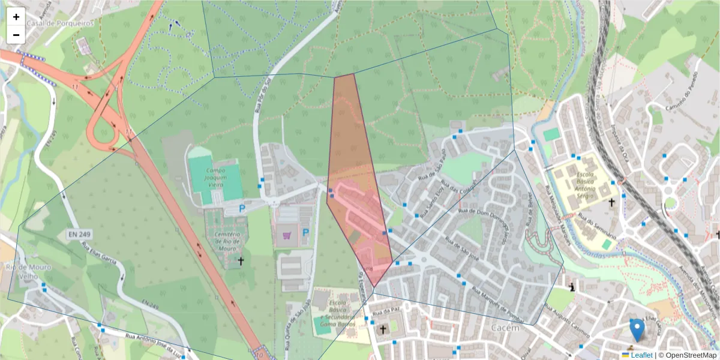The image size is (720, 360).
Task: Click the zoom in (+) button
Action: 16,17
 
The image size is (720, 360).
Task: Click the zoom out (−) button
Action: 16,35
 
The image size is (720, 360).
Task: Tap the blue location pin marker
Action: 637,331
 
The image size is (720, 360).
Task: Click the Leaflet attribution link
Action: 641,355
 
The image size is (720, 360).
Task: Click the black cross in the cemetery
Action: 241,261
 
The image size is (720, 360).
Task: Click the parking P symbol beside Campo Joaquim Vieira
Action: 242,209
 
